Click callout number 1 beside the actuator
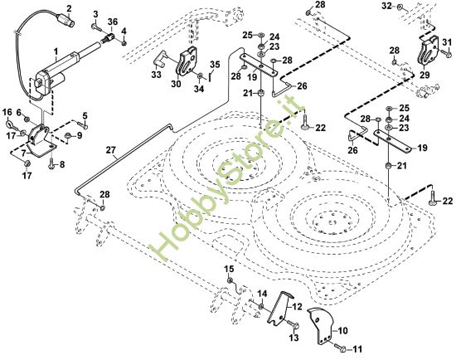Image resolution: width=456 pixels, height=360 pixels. tap(56, 52)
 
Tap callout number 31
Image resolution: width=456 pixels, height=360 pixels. tap(448, 43)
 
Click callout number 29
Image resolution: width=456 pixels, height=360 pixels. tap(424, 75)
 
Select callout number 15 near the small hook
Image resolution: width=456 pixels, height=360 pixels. tap(230, 269)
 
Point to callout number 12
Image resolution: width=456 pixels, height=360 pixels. tap(296, 305)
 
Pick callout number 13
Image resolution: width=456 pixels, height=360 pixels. tap(293, 338)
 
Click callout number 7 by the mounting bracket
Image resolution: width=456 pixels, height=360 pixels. tap(25, 153)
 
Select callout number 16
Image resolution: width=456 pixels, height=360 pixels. tap(6, 112)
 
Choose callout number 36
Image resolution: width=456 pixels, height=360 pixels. tap(113, 21)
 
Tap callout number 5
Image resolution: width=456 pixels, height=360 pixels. tap(84, 115)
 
